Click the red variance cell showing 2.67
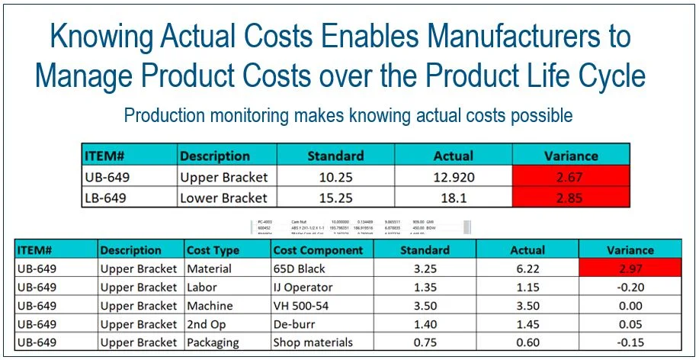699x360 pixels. [x=571, y=176]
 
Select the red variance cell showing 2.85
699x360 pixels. [x=571, y=198]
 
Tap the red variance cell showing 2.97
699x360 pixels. [x=630, y=268]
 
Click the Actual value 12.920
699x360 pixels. [x=454, y=176]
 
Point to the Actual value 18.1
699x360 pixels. [x=454, y=198]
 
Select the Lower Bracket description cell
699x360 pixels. [x=223, y=198]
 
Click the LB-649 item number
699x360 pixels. [x=106, y=198]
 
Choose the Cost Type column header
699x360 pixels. [x=213, y=250]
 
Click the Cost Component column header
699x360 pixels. [x=319, y=250]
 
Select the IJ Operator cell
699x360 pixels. [x=303, y=288]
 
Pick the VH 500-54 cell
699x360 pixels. [x=306, y=306]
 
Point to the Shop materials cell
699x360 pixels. [x=313, y=342]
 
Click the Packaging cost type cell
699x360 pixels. [x=213, y=342]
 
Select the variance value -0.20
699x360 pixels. [x=630, y=288]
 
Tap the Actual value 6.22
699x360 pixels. [x=527, y=268]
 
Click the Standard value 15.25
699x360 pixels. [x=335, y=198]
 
